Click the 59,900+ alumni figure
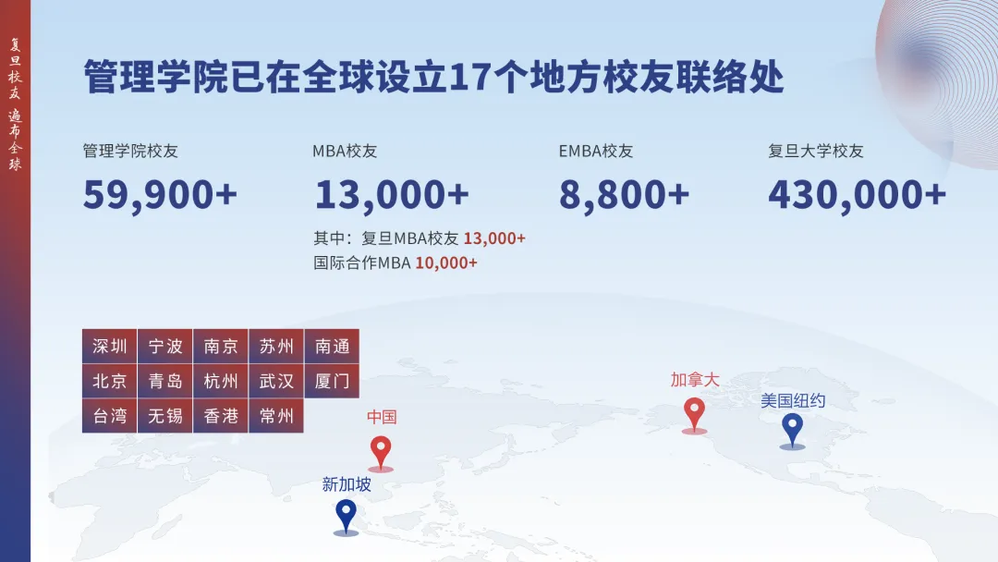point(160,195)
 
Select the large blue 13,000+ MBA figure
point(392,195)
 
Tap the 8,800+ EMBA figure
point(624,195)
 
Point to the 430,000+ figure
point(858,195)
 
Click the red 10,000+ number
point(446,263)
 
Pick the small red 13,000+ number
point(494,238)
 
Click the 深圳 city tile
point(109,347)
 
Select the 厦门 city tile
point(333,381)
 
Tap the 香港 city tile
point(221,416)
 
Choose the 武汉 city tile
point(276,381)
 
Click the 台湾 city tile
point(109,416)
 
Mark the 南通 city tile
point(333,347)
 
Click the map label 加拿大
point(695,380)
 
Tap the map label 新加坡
point(347,484)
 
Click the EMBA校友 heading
point(596,151)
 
